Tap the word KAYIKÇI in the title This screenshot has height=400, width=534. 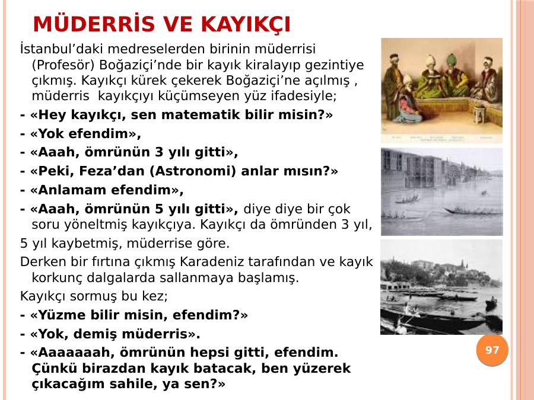246,25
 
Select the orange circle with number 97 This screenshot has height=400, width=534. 492,350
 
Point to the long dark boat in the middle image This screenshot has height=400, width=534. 472,211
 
